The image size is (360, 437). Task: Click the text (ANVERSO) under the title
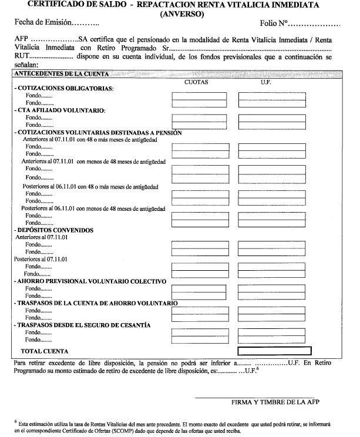click(x=180, y=13)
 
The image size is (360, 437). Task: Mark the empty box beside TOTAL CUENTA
click(x=272, y=351)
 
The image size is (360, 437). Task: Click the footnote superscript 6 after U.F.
click(x=257, y=368)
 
